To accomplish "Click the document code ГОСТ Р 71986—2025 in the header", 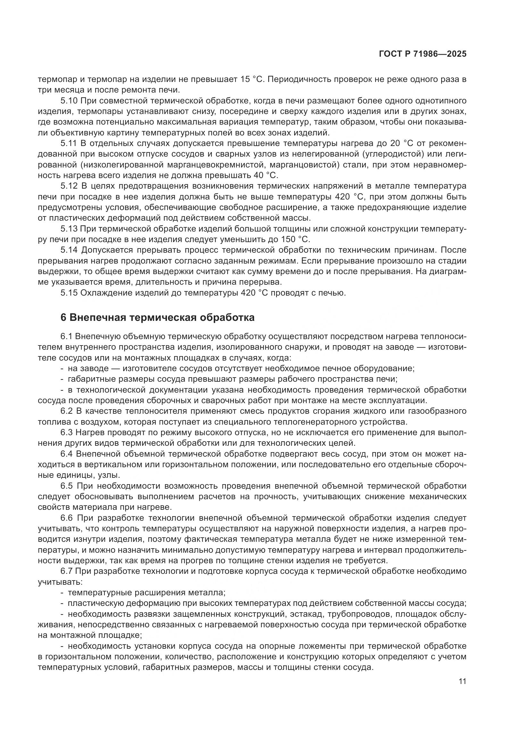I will click(x=422, y=54).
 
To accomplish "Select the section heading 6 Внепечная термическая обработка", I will click(x=157, y=317).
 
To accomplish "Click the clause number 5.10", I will click(x=69, y=101).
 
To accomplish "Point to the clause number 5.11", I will click(x=69, y=143).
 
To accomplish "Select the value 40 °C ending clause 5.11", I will click(x=265, y=175).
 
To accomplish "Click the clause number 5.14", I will click(x=69, y=250).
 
